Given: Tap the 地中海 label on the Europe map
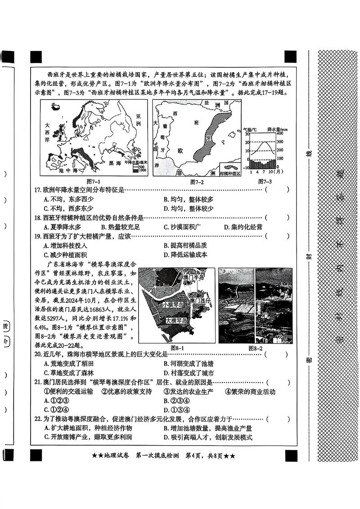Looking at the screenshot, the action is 69,170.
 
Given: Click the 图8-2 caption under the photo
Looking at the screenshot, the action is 255,348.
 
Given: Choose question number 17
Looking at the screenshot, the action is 38,190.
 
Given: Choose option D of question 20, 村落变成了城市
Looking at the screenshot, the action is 188,373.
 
